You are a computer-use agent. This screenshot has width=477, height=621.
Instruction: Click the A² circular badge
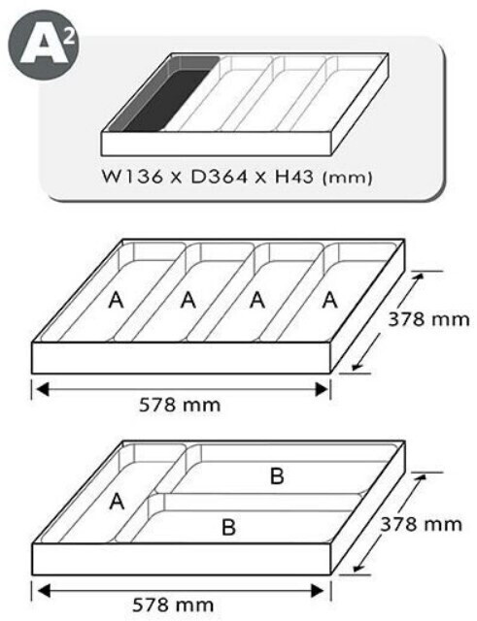tap(44, 45)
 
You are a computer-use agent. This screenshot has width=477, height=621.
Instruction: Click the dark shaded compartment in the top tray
tap(163, 94)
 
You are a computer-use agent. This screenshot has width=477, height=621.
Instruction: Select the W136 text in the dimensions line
tap(132, 177)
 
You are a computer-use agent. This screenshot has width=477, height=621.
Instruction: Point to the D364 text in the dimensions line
tap(219, 177)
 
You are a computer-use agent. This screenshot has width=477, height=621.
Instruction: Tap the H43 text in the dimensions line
tap(294, 177)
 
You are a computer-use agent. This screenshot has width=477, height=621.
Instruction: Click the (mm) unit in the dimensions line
tap(348, 177)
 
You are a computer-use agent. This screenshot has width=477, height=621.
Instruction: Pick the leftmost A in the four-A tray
tap(117, 300)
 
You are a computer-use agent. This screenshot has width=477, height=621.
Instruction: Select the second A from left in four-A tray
tap(188, 300)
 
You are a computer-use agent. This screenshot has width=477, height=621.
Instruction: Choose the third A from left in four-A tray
tap(257, 300)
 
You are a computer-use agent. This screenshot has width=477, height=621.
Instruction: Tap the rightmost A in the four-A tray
tap(330, 300)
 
